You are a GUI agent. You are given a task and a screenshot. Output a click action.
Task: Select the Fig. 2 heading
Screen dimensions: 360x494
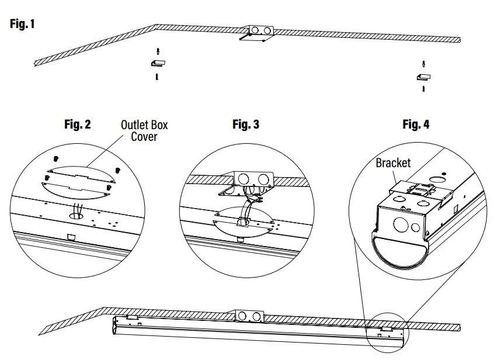tap(77, 124)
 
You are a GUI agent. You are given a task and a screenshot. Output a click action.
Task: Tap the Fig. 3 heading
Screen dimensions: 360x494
tap(246, 124)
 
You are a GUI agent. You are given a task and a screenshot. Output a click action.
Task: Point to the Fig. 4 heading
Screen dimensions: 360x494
tap(416, 124)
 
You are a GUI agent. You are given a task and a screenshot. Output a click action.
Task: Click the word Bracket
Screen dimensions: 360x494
tap(393, 163)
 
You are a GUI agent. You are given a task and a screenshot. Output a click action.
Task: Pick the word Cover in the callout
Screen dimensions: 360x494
tap(144, 137)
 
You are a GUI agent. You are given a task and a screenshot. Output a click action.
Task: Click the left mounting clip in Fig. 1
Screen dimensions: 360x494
tap(158, 63)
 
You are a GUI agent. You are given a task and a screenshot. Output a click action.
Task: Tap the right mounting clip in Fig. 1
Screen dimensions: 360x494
tap(423, 76)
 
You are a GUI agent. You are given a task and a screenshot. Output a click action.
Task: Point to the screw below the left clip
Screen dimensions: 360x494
tap(156, 76)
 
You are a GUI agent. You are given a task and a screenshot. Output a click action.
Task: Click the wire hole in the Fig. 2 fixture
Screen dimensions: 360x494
tap(76, 215)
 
